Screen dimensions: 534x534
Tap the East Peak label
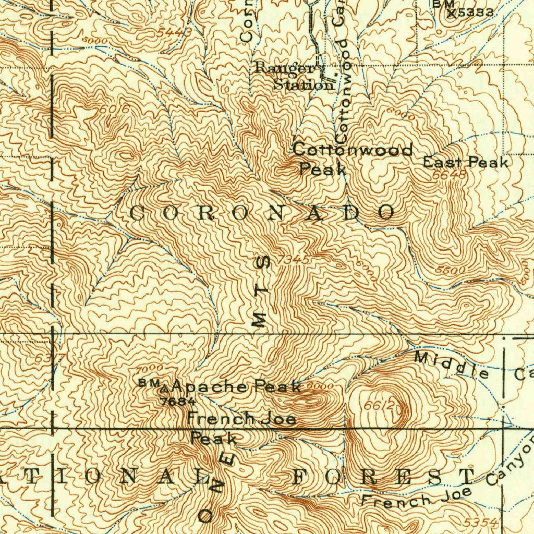(465, 162)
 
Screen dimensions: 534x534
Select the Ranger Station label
(295, 76)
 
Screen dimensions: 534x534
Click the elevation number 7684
(178, 401)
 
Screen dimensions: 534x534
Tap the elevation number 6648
(449, 176)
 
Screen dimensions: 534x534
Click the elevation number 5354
(480, 522)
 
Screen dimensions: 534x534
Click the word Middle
(452, 365)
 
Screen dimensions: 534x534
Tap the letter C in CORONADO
(136, 213)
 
